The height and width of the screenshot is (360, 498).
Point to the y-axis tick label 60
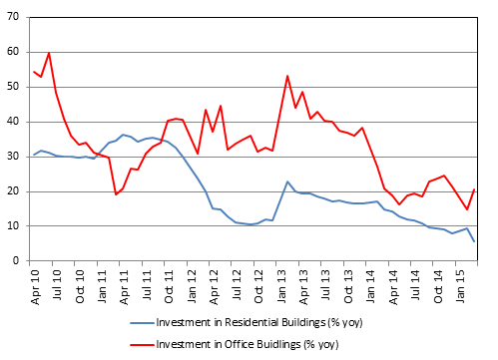[14, 52]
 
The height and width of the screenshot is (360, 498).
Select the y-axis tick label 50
[14, 87]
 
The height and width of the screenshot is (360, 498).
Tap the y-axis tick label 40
[14, 122]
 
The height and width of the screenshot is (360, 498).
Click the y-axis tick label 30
[14, 157]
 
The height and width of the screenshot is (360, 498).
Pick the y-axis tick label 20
[14, 191]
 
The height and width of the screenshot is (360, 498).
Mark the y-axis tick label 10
[14, 226]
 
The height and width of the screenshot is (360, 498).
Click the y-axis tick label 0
[17, 261]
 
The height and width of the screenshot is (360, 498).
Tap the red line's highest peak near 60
[49, 53]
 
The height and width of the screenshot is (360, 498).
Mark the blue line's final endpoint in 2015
[474, 241]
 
